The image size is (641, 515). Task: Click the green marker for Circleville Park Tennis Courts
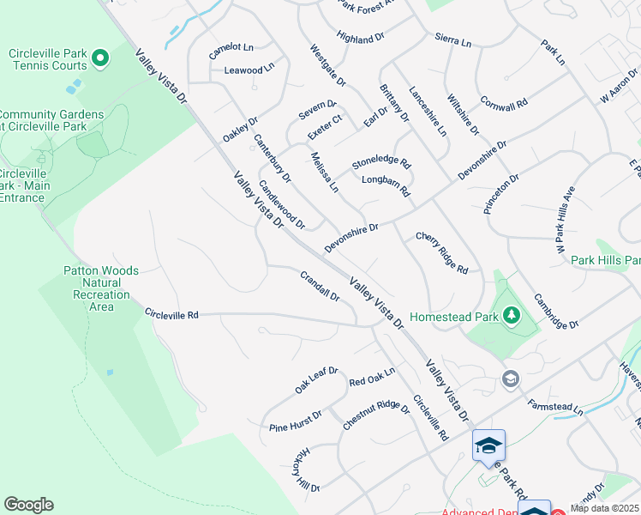coord(100,59)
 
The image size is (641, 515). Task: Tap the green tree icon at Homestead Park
coord(512,316)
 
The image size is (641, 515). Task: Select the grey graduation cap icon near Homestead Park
coord(511,379)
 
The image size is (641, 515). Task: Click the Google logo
coord(28,505)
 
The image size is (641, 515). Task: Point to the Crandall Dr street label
coord(320,287)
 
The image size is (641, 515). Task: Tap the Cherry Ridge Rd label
coord(442,253)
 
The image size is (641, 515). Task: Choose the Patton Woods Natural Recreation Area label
coord(101,288)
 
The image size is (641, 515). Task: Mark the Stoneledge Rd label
coord(381,162)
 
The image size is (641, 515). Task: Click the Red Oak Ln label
coord(371,376)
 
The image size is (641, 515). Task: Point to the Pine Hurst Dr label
coord(295,421)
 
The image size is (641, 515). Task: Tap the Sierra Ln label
coord(453,40)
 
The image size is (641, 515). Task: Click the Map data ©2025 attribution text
coord(605,508)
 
